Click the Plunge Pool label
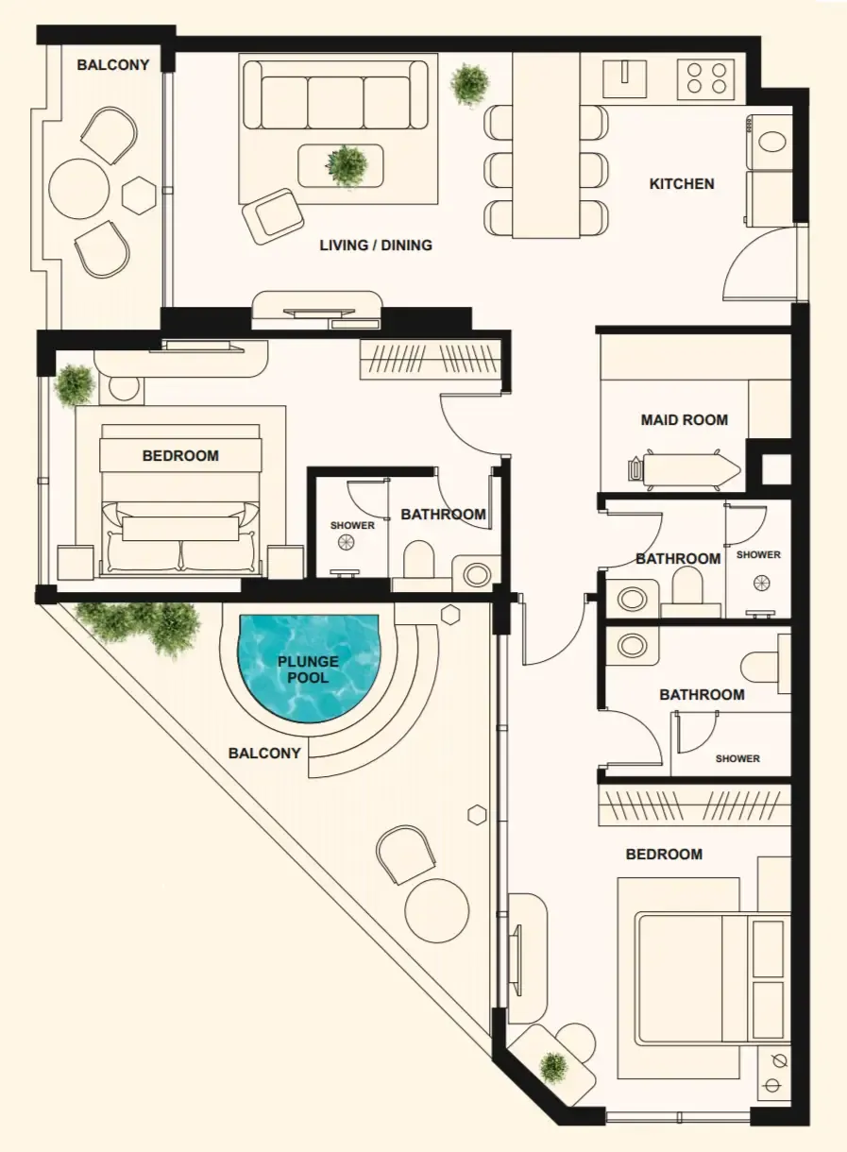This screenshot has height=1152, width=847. click(308, 669)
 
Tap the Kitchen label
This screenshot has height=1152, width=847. click(682, 183)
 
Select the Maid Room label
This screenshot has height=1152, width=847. click(684, 419)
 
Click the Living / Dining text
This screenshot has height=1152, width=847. click(376, 245)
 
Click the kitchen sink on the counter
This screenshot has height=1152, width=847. click(624, 78)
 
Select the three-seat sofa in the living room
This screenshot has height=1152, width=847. click(335, 94)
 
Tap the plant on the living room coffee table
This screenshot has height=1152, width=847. click(347, 165)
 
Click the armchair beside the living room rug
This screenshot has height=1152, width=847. click(273, 215)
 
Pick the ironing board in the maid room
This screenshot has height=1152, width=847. click(684, 467)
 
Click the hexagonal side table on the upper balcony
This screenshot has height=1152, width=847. click(139, 195)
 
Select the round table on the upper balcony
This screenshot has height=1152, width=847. click(78, 188)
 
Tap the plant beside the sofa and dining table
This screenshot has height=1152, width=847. click(469, 84)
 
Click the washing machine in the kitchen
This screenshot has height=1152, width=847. click(770, 143)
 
